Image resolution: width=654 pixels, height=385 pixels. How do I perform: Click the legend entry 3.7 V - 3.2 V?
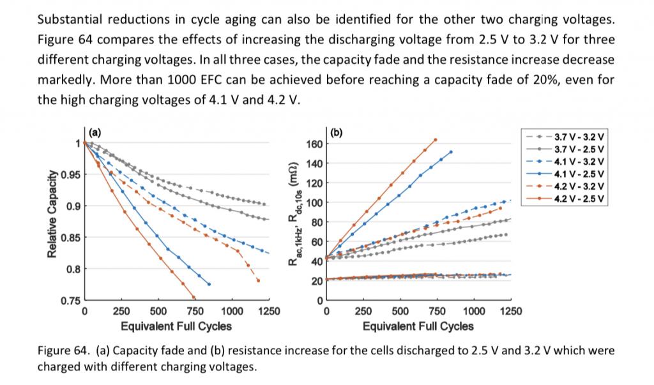point(579,137)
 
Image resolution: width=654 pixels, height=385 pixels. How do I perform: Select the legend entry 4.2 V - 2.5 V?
point(579,200)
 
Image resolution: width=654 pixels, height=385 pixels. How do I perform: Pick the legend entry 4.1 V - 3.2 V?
point(579,162)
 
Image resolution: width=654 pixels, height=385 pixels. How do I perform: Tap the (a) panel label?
point(95,133)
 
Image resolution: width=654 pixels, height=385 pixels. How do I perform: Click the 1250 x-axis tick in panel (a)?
point(268,312)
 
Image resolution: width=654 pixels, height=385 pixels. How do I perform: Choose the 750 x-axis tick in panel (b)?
point(437,312)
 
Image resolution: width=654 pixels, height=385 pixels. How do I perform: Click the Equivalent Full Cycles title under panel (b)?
point(418,326)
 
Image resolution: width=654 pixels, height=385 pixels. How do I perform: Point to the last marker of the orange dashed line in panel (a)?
point(259,280)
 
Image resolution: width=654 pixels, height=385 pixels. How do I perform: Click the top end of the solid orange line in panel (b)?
point(436,139)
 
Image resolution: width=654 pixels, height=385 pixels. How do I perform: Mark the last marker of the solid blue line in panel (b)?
point(451,152)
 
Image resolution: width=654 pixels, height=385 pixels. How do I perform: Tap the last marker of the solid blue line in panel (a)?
point(209,283)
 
